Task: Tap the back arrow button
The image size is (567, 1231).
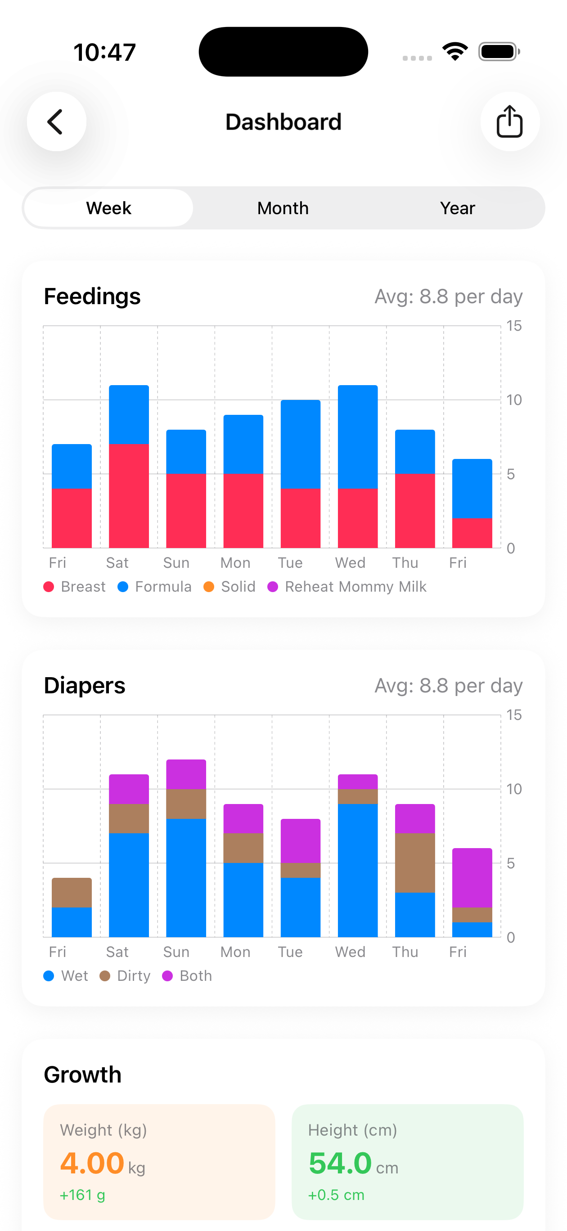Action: coord(56,122)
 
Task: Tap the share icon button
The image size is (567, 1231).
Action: coord(510,122)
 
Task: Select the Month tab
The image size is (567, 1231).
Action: coord(283,208)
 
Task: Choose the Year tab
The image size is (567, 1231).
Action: coord(457,208)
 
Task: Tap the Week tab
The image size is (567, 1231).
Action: coord(108,208)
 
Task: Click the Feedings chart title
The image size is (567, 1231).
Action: coord(92,297)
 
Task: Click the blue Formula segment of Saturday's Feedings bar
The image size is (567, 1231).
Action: coord(129,414)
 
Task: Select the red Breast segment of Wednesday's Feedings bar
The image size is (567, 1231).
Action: coord(358,518)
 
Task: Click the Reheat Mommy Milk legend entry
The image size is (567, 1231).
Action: coord(347,587)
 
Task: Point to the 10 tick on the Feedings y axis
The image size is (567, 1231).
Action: coord(514,400)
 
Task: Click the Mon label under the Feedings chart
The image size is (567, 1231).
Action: coord(235,563)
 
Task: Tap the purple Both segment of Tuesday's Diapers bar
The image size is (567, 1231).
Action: coord(300,840)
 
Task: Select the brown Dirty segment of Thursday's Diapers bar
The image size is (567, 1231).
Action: coord(414,863)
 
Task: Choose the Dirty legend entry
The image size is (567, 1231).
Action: coord(125,976)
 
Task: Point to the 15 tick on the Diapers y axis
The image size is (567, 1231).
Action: coord(514,715)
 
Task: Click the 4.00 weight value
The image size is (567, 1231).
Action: coord(92,1163)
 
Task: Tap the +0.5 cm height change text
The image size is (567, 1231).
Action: coord(336,1195)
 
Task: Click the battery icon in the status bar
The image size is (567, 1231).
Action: coord(499,52)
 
